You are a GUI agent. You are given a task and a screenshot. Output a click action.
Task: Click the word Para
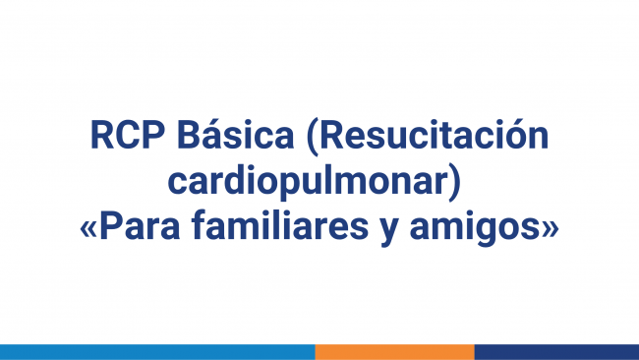pyautogui.click(x=142, y=227)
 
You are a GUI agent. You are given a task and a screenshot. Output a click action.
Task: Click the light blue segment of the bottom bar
pyautogui.click(x=157, y=351)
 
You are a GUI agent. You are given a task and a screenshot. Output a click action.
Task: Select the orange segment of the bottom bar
pyautogui.click(x=394, y=351)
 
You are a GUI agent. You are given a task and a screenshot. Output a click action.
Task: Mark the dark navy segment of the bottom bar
pyautogui.click(x=556, y=351)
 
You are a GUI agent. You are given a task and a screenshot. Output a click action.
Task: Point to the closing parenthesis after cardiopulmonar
pyautogui.click(x=455, y=184)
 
